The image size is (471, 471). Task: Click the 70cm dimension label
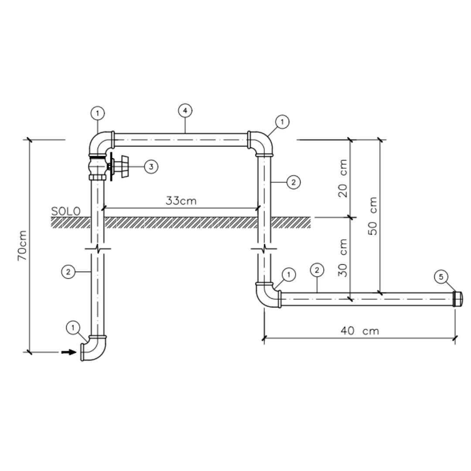(x=23, y=246)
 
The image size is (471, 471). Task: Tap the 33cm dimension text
(x=181, y=200)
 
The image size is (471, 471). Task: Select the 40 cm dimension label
(x=360, y=331)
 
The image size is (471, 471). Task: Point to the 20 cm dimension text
(x=343, y=178)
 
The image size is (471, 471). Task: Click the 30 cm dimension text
(x=343, y=258)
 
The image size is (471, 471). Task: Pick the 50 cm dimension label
(x=372, y=216)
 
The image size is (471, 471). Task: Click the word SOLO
(x=66, y=212)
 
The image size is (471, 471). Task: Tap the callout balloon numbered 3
(x=151, y=167)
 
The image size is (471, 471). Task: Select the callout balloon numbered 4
(x=185, y=110)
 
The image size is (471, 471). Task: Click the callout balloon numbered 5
(x=441, y=276)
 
